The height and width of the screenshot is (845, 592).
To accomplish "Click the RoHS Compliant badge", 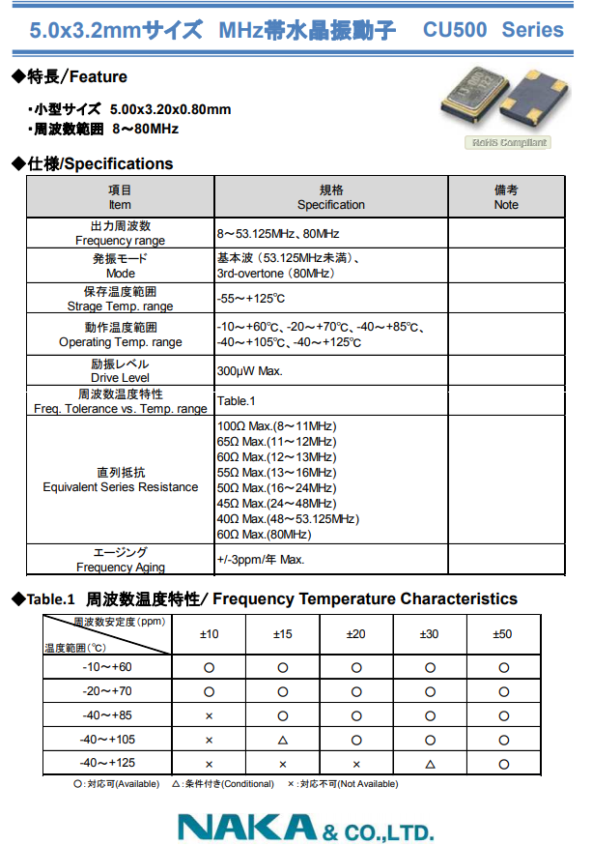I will point(509,143).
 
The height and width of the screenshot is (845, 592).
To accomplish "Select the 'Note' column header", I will point(505,205).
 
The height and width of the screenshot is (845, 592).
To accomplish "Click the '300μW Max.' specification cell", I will point(250,371).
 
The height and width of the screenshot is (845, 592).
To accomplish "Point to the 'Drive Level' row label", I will point(120,378).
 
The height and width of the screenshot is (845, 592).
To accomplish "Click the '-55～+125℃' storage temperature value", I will point(251,299).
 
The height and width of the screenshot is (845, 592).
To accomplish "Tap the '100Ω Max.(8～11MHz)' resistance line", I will point(276,426).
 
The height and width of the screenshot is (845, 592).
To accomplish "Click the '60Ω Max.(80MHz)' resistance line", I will point(264,535).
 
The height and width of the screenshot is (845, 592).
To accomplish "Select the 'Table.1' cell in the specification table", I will point(238,400).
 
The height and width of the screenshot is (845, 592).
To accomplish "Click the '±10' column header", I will point(209,634).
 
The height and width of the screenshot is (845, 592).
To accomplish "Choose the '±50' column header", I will point(503,634).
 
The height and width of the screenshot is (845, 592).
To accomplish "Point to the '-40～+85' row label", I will point(106,715).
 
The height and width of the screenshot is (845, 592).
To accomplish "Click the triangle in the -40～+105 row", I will point(283,740).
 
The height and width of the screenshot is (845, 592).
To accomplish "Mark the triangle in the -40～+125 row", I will point(430,764).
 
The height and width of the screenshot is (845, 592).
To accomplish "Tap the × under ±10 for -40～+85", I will point(209,715).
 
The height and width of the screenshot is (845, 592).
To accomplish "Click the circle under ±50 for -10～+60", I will point(503,668).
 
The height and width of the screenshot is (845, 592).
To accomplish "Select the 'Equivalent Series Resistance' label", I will point(120,487).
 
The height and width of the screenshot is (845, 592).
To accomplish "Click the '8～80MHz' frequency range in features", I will point(146,129).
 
